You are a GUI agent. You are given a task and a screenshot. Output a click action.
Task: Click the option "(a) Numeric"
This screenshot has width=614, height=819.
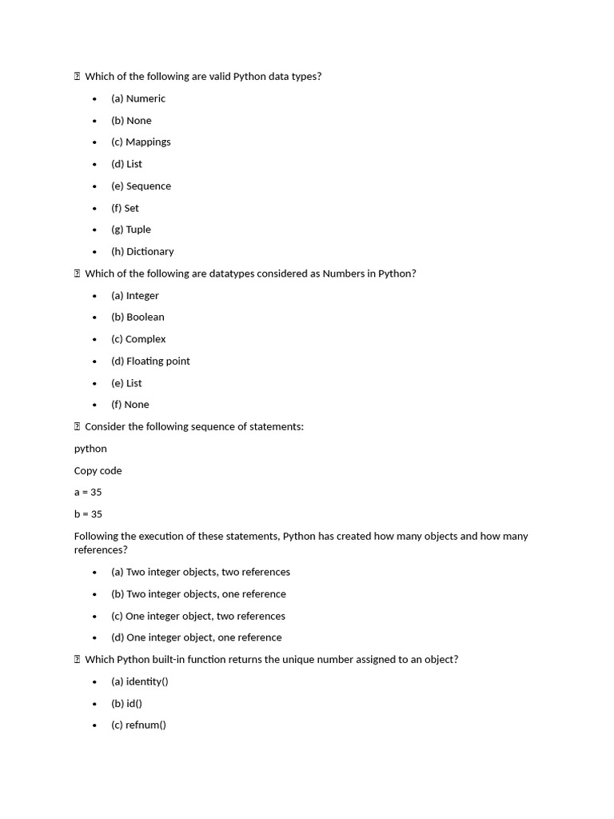(138, 98)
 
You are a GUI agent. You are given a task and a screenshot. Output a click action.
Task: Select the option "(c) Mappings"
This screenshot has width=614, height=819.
(141, 142)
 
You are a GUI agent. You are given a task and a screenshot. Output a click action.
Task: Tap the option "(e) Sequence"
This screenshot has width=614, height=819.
(141, 186)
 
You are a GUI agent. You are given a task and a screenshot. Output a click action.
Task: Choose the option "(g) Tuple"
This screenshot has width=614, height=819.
(131, 230)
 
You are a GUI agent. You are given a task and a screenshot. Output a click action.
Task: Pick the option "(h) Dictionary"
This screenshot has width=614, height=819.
(142, 251)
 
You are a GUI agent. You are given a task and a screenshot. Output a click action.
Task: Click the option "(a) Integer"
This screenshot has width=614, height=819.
(135, 295)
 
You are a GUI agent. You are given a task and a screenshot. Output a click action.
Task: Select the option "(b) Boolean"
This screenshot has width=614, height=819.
(138, 317)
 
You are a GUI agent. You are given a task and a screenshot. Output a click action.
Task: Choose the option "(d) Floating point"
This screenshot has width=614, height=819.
(150, 361)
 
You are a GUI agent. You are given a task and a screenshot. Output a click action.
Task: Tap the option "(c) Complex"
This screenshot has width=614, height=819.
(138, 339)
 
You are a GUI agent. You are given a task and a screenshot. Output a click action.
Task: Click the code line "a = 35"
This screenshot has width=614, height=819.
(88, 492)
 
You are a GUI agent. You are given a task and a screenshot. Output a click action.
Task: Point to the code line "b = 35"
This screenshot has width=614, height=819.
(88, 513)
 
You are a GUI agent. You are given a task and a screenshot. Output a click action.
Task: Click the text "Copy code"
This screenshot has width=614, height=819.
(98, 470)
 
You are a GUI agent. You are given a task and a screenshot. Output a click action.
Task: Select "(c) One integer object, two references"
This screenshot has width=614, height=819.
(198, 616)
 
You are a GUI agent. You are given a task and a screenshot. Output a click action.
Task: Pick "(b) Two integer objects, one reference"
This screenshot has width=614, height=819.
(198, 593)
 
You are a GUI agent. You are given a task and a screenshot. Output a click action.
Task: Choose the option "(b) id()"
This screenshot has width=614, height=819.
(126, 703)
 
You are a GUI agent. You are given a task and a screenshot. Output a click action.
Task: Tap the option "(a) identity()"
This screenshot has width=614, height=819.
(140, 681)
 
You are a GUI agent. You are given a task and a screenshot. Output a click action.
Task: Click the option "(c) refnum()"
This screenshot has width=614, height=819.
(139, 725)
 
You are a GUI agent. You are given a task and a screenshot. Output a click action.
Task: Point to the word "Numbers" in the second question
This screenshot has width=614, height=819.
(343, 274)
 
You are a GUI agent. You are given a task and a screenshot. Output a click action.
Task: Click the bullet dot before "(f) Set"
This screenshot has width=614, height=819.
(94, 208)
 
